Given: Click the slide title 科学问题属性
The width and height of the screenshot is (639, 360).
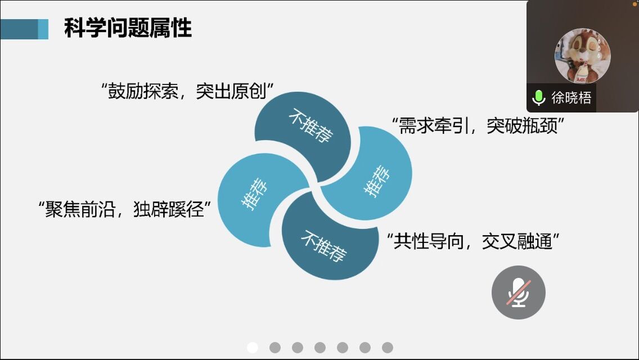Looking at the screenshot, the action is click(128, 29).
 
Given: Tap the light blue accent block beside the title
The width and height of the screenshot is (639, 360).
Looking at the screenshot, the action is click(43, 29).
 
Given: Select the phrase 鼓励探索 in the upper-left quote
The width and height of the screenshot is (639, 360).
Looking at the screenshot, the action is click(143, 91).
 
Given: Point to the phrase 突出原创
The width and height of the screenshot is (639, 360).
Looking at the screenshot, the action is click(231, 91).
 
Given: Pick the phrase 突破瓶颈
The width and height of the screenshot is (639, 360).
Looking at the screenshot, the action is click(522, 125).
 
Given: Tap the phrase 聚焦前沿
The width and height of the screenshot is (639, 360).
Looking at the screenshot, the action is click(80, 210).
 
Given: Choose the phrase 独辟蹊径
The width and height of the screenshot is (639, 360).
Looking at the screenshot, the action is click(169, 210).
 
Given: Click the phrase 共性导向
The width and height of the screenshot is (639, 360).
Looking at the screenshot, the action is click(429, 241).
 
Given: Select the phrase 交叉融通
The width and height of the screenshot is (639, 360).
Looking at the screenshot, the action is click(517, 241).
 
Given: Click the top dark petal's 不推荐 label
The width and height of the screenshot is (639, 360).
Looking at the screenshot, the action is click(311, 125).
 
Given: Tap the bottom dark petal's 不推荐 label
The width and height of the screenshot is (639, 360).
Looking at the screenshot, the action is click(323, 245).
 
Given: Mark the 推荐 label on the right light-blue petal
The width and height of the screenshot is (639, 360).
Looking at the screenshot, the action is click(376, 181).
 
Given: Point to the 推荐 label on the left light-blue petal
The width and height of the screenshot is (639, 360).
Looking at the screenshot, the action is click(255, 193).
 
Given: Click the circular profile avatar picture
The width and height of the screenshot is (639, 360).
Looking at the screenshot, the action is click(582, 56).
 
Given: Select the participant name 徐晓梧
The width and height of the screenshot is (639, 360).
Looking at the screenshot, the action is click(571, 98).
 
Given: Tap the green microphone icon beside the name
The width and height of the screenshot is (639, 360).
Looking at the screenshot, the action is click(539, 98).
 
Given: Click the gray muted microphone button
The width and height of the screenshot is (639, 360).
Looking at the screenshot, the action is click(519, 292).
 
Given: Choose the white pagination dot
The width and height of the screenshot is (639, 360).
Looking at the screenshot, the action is click(253, 348).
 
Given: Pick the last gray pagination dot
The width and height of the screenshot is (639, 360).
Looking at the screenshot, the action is click(388, 348).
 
